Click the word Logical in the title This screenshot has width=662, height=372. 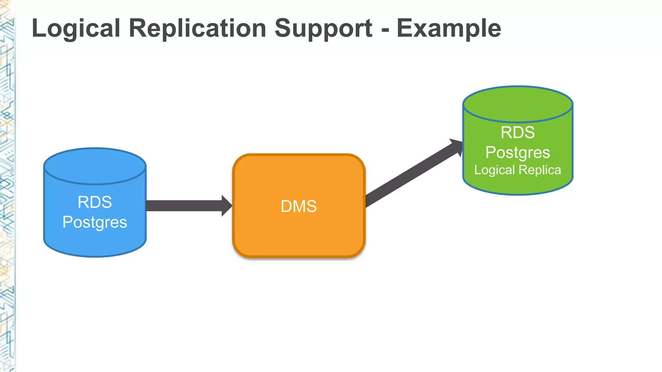tap(76, 28)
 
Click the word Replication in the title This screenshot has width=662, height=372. tap(198, 28)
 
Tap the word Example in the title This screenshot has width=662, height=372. tap(449, 28)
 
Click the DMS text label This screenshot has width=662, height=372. tap(298, 206)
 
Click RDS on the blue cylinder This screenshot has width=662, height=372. tap(95, 202)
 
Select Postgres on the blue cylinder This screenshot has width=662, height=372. tap(95, 222)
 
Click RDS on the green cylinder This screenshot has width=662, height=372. tap(518, 132)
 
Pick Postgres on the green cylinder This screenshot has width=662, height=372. tap(518, 152)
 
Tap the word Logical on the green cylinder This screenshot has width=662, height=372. tap(494, 170)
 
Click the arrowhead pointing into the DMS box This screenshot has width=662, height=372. tap(227, 206)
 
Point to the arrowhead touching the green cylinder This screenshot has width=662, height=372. tap(457, 147)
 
